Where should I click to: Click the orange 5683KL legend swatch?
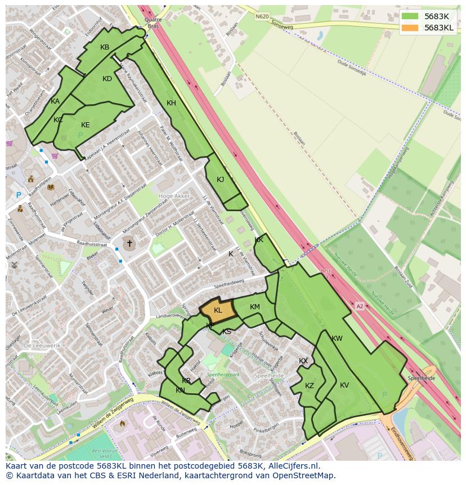point(410,28)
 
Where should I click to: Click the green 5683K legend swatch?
point(410,16)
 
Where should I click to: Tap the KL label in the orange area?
point(218,310)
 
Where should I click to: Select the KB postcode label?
point(105,47)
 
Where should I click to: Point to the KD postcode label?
point(107,79)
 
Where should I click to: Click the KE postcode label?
point(86,125)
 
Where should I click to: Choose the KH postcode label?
point(171,103)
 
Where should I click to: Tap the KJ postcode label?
point(221,180)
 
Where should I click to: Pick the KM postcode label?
point(255,307)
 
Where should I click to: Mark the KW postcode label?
point(337,339)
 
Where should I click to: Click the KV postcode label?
point(344,385)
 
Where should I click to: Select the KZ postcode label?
point(310,386)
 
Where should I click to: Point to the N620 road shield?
point(262,16)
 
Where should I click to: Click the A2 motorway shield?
point(360,306)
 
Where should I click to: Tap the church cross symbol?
point(129,243)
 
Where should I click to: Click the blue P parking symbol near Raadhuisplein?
point(19,195)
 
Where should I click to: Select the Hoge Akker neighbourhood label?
point(174,196)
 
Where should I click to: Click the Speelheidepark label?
point(223,374)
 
